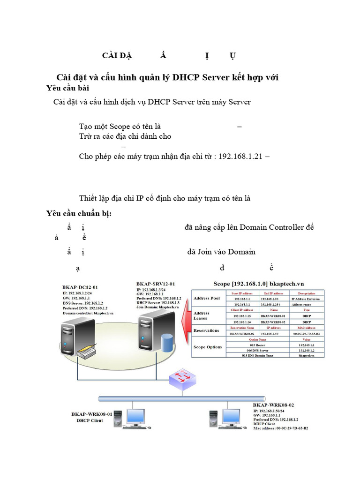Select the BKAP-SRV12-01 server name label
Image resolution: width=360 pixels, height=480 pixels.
[x=156, y=284]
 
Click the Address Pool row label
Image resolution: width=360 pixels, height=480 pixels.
[x=206, y=298]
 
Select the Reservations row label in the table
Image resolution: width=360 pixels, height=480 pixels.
[x=206, y=330]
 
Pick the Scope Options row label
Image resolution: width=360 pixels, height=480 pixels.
[x=208, y=347]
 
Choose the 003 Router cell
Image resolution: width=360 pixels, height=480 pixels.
[x=257, y=345]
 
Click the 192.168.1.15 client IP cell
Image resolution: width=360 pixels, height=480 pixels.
[x=242, y=316]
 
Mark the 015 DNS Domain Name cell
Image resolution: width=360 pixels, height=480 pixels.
[x=257, y=356]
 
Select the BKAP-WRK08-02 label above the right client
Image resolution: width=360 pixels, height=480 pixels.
[x=273, y=405]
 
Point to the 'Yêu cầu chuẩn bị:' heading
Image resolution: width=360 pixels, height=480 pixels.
[x=79, y=214]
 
